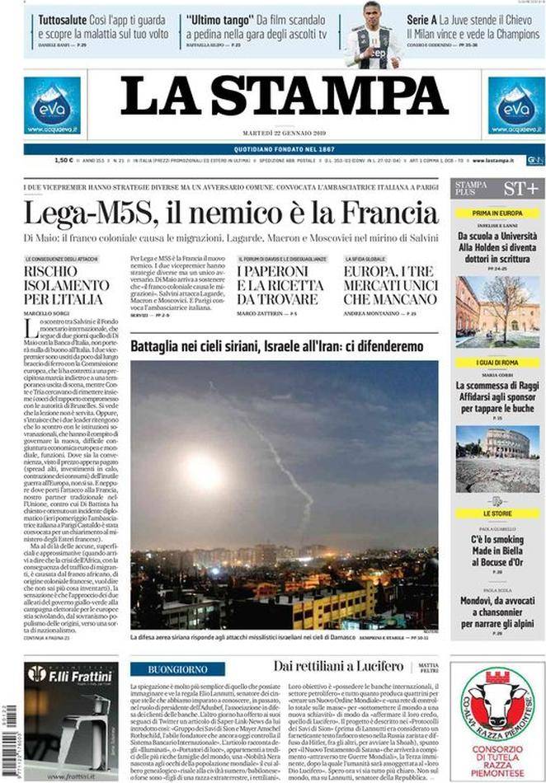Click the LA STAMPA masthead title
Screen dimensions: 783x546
tap(285, 97)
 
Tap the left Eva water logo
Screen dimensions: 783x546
tap(52, 105)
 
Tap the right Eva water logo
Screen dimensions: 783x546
tap(516, 105)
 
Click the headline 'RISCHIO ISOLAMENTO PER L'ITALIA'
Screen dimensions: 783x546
tap(66, 284)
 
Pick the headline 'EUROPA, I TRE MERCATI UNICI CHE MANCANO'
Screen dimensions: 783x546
tap(390, 284)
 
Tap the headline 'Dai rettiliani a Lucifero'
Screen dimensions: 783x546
tap(327, 666)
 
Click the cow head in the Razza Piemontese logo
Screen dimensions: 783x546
tap(497, 701)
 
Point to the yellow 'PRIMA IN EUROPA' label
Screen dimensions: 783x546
tap(498, 213)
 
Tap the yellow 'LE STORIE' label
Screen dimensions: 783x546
tap(498, 513)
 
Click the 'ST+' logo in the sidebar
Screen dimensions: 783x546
tap(521, 188)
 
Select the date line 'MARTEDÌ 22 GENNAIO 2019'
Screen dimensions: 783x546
tap(285, 134)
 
